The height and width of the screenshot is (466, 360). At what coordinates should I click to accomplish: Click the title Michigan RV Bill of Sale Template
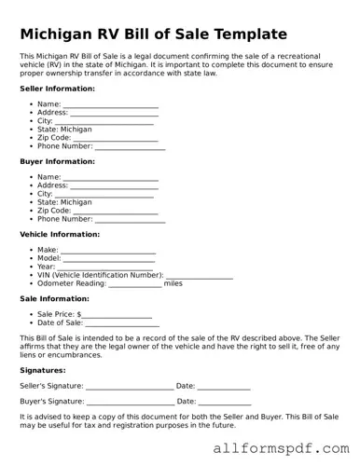[x=154, y=34]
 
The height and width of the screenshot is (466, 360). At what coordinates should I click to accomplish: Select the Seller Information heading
[x=57, y=89]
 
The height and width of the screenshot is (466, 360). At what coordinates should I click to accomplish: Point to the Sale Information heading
[x=54, y=298]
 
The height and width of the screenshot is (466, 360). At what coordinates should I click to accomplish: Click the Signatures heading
[x=42, y=370]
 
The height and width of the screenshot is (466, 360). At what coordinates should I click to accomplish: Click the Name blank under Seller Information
[x=110, y=105]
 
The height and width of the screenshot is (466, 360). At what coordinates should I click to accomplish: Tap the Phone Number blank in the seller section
[x=130, y=147]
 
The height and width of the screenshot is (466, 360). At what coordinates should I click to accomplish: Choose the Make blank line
[x=108, y=252]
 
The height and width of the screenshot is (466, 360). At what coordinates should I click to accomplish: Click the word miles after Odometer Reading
[x=173, y=284]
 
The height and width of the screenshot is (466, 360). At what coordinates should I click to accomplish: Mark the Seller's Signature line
[x=130, y=387]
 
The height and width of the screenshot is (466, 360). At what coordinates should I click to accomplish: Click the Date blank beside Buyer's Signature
[x=225, y=402]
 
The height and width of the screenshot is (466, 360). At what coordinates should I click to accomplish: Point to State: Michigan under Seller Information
[x=64, y=130]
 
